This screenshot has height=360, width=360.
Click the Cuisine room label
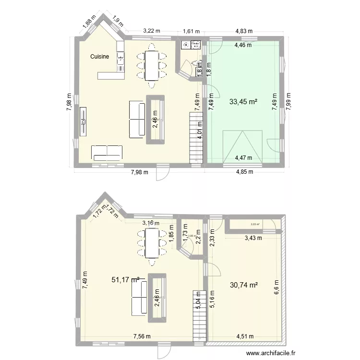[100, 57]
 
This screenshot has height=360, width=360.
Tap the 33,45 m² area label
[243, 102]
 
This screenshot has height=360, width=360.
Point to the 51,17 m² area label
[125, 279]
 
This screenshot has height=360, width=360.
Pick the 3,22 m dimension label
[151, 32]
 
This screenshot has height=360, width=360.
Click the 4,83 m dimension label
[244, 32]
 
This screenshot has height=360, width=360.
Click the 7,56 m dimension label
[142, 336]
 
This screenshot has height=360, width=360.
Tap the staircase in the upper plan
[196, 137]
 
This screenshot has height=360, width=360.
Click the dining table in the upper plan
[152, 64]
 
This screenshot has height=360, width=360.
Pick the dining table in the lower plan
[152, 243]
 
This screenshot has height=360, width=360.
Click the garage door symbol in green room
[242, 147]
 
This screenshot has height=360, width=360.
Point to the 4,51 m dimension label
[245, 336]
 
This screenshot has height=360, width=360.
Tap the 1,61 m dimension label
[191, 32]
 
